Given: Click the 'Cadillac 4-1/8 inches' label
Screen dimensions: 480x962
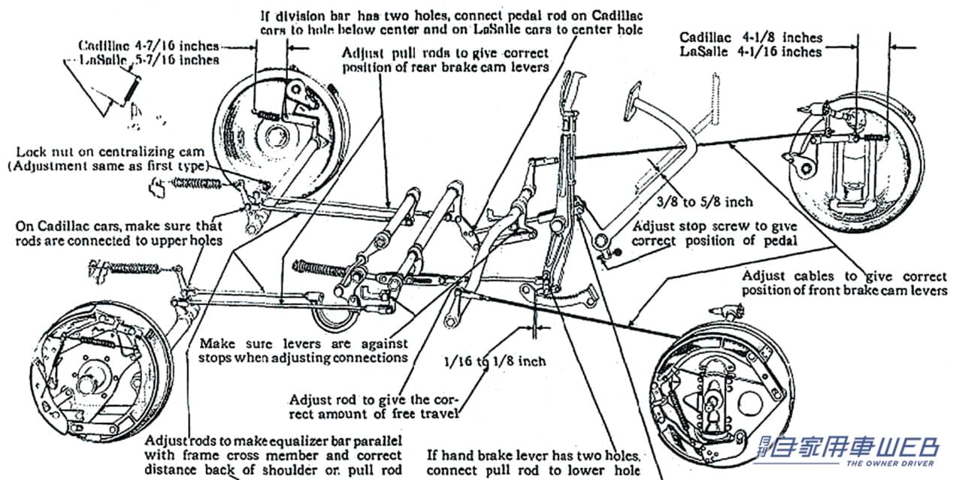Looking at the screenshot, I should click(751, 37).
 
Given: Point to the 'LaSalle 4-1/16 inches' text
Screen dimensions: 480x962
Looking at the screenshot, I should click(750, 52).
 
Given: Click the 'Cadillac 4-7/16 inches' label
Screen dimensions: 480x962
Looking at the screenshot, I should click(149, 45).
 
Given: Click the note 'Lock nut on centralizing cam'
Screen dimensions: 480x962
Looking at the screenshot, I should click(107, 151).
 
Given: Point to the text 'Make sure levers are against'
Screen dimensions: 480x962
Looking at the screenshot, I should click(303, 343).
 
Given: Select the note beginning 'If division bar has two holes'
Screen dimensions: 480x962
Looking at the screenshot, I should click(452, 14).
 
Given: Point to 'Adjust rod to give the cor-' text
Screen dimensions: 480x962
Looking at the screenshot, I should click(374, 399).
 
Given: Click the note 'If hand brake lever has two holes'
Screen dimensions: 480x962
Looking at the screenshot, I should click(534, 454).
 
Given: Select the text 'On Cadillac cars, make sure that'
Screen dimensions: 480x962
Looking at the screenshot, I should click(119, 225).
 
